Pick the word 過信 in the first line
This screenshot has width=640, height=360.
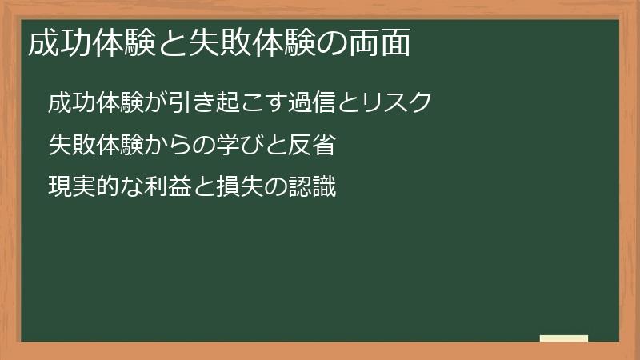(x=318, y=104)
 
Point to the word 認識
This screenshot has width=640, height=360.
(x=312, y=189)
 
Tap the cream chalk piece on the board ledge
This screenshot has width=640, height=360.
(x=564, y=338)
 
